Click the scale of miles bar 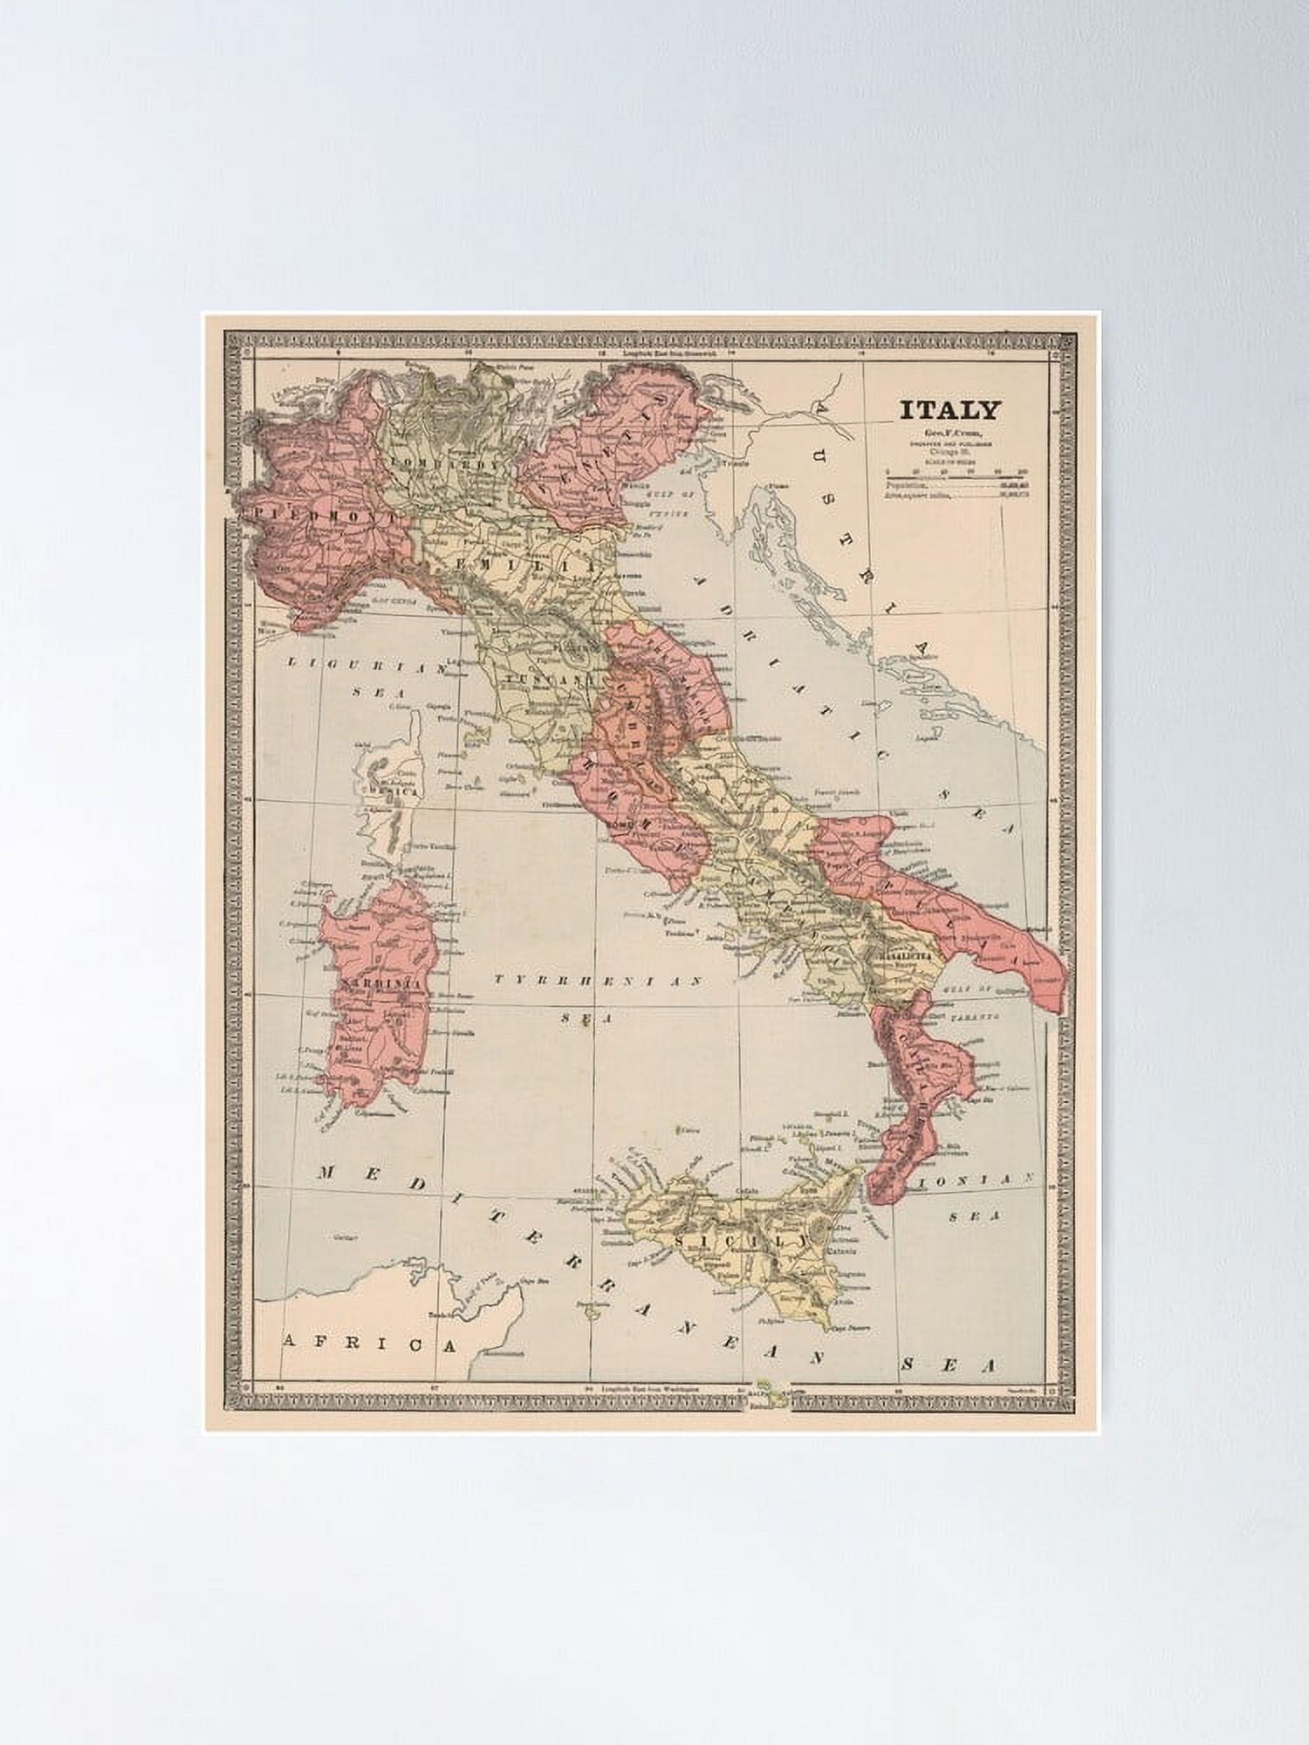pos(956,477)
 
